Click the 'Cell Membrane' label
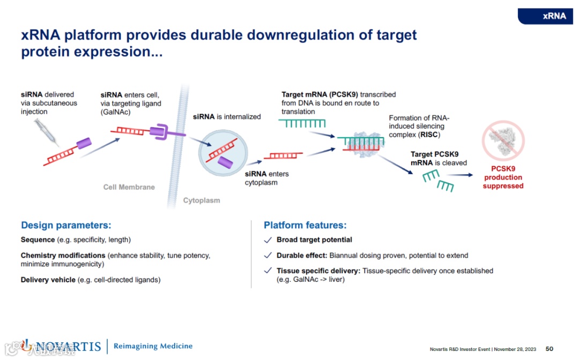[x=129, y=187]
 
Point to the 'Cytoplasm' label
[x=202, y=200]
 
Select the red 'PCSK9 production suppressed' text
[x=503, y=177]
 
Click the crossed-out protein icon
[x=503, y=140]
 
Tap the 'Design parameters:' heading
[x=66, y=226]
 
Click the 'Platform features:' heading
[x=305, y=226]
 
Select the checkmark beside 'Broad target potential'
[x=268, y=240]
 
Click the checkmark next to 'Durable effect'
[x=268, y=256]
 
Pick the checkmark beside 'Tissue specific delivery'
[x=268, y=271]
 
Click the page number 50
[x=550, y=349]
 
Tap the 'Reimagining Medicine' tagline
[x=153, y=346]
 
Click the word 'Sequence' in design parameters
[x=38, y=239]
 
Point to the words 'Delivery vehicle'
[x=48, y=280]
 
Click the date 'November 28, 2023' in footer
[x=516, y=349]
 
